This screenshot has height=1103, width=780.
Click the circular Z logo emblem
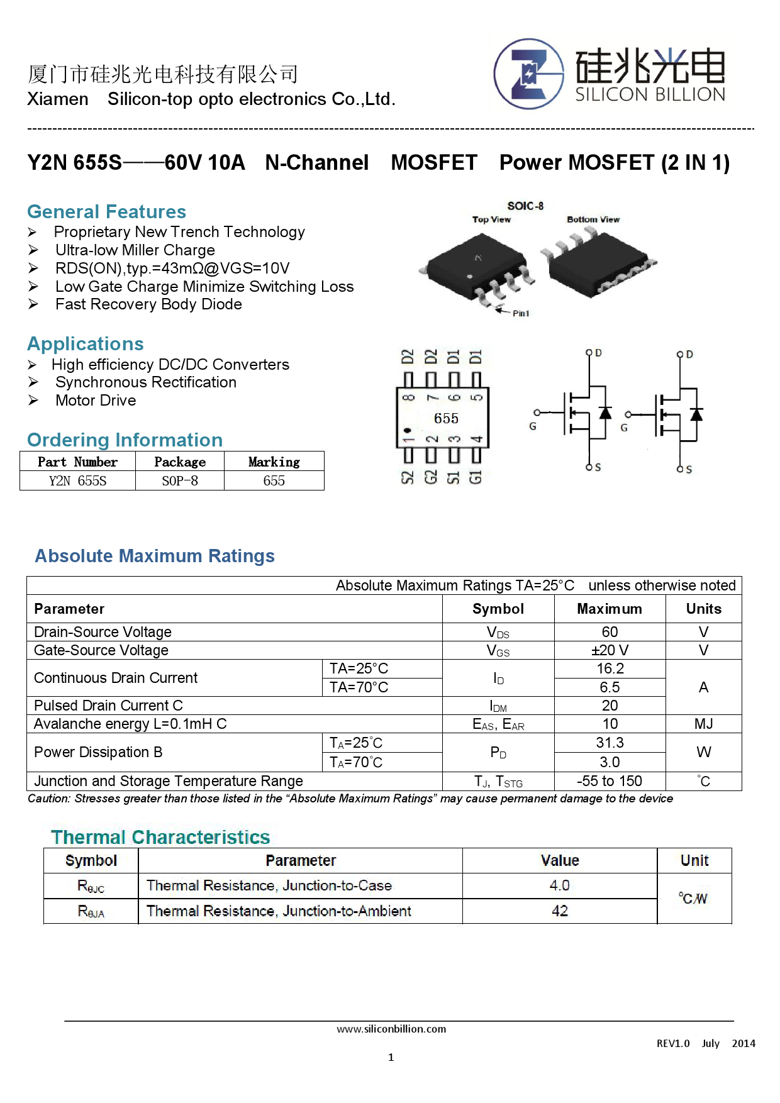[528, 74]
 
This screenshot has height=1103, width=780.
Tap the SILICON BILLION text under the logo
[650, 94]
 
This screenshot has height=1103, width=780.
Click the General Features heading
[107, 211]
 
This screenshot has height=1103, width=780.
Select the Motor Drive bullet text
[96, 401]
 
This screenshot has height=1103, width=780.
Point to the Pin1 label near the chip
[521, 313]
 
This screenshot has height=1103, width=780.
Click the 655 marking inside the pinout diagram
[446, 418]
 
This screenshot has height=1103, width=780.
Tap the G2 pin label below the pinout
[431, 477]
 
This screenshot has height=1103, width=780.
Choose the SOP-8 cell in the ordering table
[180, 481]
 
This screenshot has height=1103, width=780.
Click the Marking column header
[274, 462]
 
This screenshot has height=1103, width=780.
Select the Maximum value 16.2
[610, 668]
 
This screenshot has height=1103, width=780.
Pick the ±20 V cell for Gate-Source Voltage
[610, 650]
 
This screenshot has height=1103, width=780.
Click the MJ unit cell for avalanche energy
[703, 724]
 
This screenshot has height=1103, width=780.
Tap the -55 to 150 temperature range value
[610, 781]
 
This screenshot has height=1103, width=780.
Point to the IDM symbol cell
[498, 706]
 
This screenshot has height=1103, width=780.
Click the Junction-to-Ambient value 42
[560, 911]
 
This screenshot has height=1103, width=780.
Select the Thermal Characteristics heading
[160, 837]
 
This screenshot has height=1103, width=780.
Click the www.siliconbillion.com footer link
[391, 1029]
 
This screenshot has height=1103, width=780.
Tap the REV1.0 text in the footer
[673, 1043]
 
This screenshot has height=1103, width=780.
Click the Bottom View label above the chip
[593, 219]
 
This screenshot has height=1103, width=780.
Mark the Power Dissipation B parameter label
[98, 752]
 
